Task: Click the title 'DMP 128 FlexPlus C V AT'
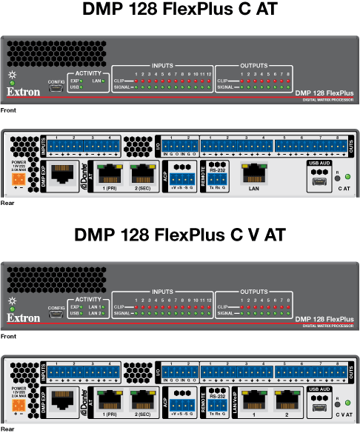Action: pyautogui.click(x=180, y=236)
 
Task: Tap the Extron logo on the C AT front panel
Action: pyautogui.click(x=23, y=94)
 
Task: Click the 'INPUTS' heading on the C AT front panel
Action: pyautogui.click(x=162, y=65)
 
